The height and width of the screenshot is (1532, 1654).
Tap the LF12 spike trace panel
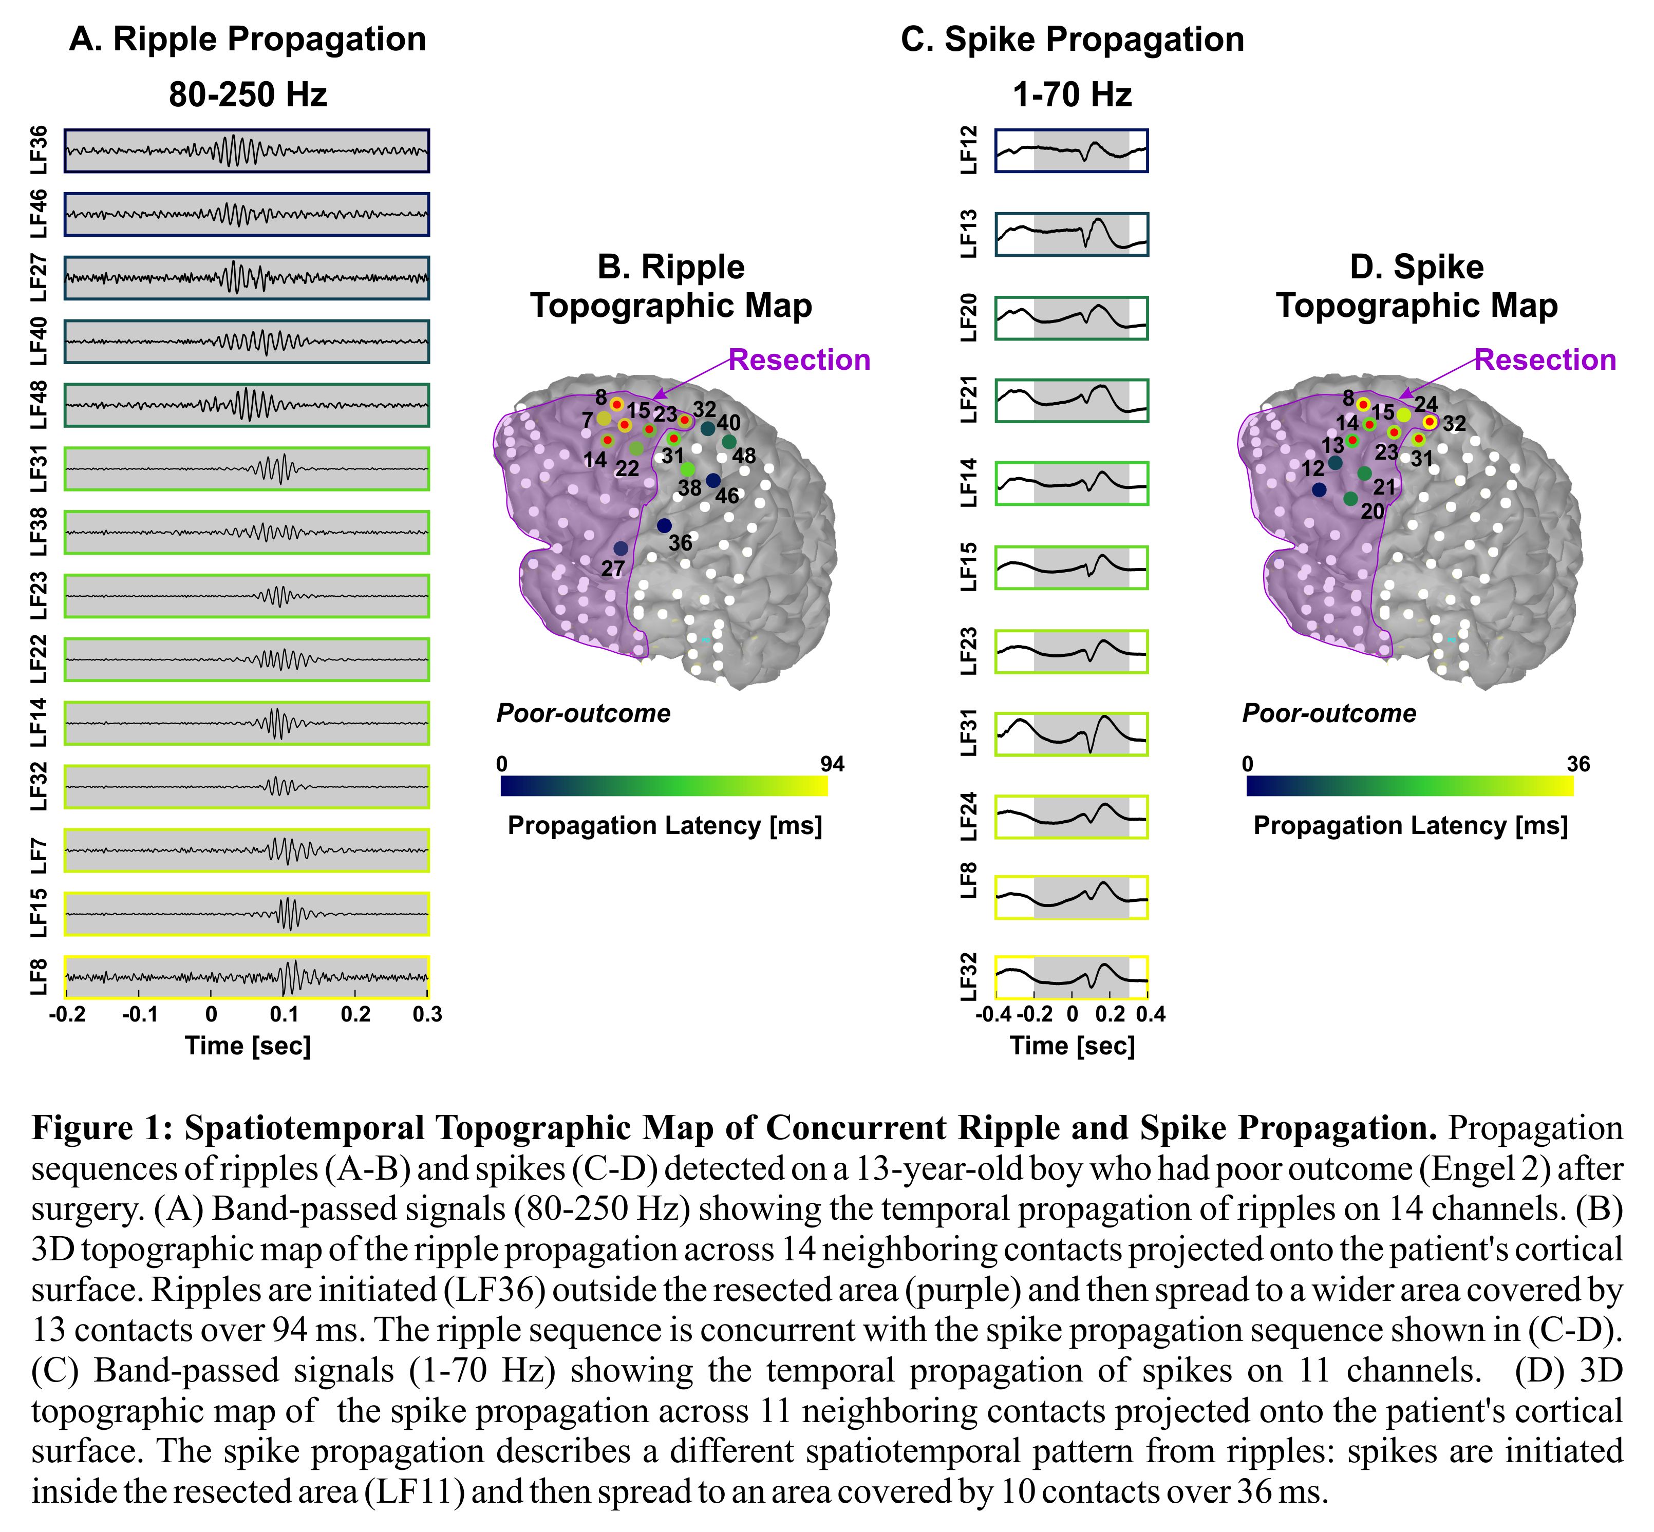(1071, 150)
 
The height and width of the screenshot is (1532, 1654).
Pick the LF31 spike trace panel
(1071, 734)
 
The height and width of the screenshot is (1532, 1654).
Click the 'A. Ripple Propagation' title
(247, 39)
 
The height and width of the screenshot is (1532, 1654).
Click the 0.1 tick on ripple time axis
(284, 1014)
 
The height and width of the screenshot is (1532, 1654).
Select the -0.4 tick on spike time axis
(992, 1014)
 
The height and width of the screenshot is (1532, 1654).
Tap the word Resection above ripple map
(799, 360)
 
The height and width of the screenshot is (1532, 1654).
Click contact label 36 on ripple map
(680, 543)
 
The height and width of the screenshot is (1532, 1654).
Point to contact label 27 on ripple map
(613, 569)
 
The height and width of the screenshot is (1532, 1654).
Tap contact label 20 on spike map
(1372, 512)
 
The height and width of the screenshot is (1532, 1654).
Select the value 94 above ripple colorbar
(832, 764)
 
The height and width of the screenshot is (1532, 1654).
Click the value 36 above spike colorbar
(1578, 764)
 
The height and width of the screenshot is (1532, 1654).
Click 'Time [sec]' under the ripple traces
(247, 1045)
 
